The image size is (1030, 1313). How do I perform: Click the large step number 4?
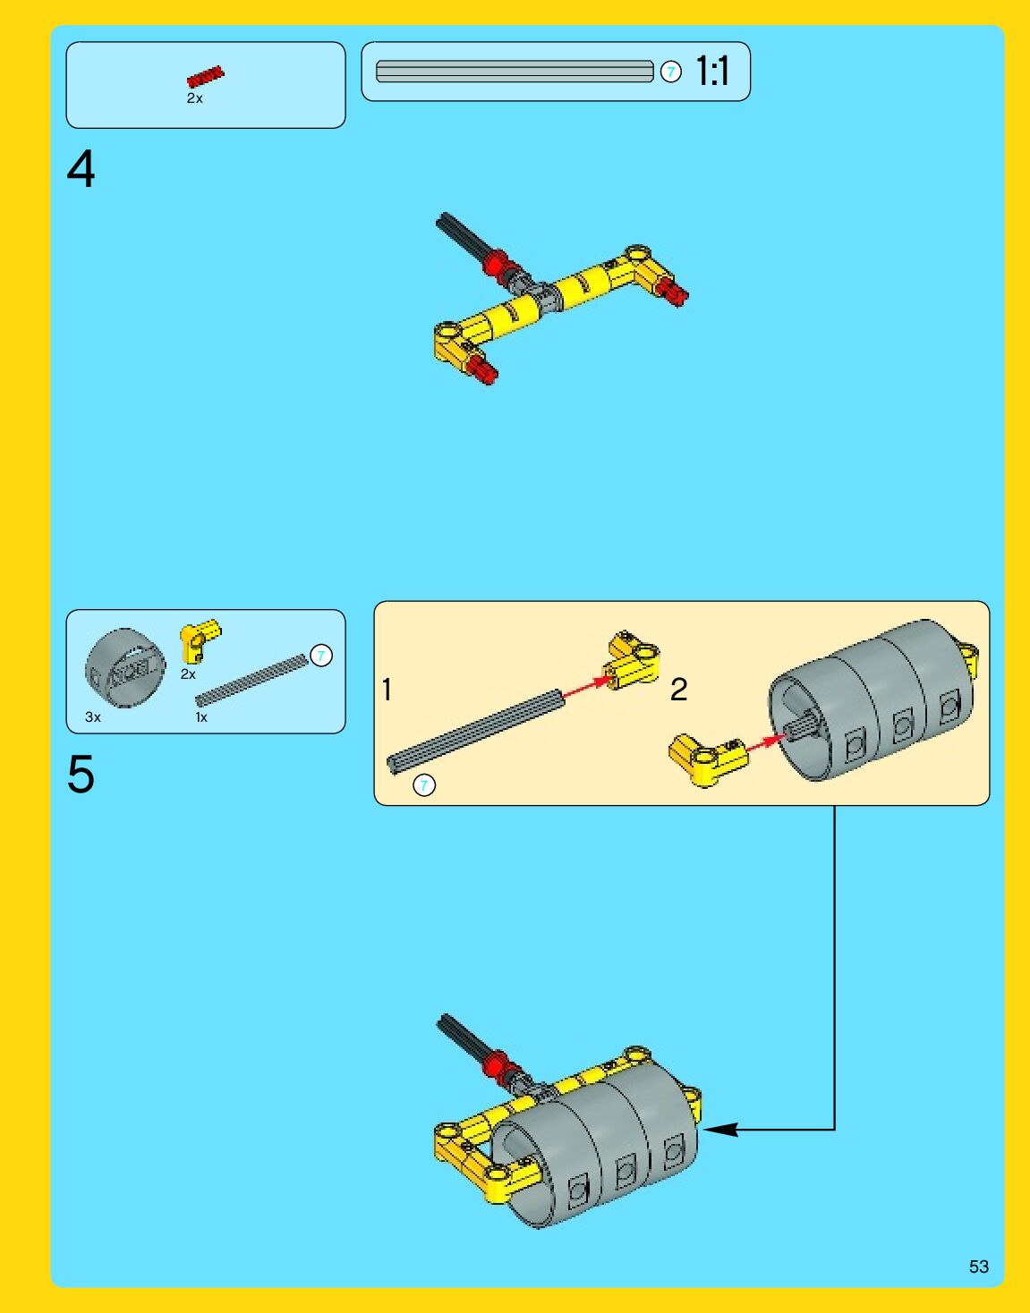pos(81,169)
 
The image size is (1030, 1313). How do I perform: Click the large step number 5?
pos(81,774)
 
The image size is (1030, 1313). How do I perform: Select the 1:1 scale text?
pos(712,72)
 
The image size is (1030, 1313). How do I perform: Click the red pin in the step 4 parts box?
pos(206,77)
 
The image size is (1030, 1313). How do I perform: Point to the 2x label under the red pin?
pos(195,98)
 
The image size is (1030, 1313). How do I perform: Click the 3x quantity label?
pos(92,717)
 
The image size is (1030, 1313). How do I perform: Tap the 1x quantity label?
pos(201,717)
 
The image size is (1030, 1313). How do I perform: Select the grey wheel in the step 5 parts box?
pos(125,667)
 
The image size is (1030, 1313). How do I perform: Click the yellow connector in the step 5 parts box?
pos(199,640)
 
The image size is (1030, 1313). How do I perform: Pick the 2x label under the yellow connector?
pos(188,674)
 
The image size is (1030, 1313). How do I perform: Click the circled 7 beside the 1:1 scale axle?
pos(671,72)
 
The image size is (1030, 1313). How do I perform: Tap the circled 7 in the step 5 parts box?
pos(321,656)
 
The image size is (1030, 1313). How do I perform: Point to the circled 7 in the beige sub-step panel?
pos(424,785)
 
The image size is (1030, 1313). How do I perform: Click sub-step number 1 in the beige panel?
pos(387,690)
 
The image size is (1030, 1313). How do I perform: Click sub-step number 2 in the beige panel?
pos(679,690)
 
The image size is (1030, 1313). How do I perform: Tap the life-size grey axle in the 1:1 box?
pos(515,72)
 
